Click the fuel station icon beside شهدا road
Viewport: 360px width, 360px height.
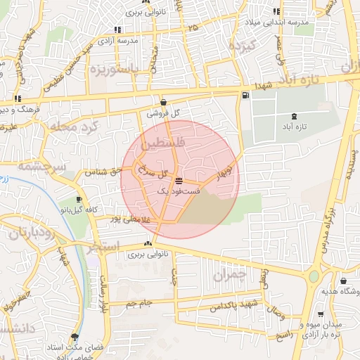pos(244,96)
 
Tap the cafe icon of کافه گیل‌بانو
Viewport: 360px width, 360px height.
pos(78,200)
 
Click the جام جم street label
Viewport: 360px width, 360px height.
pos(139,304)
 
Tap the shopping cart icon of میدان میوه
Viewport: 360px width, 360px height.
pos(321,315)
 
